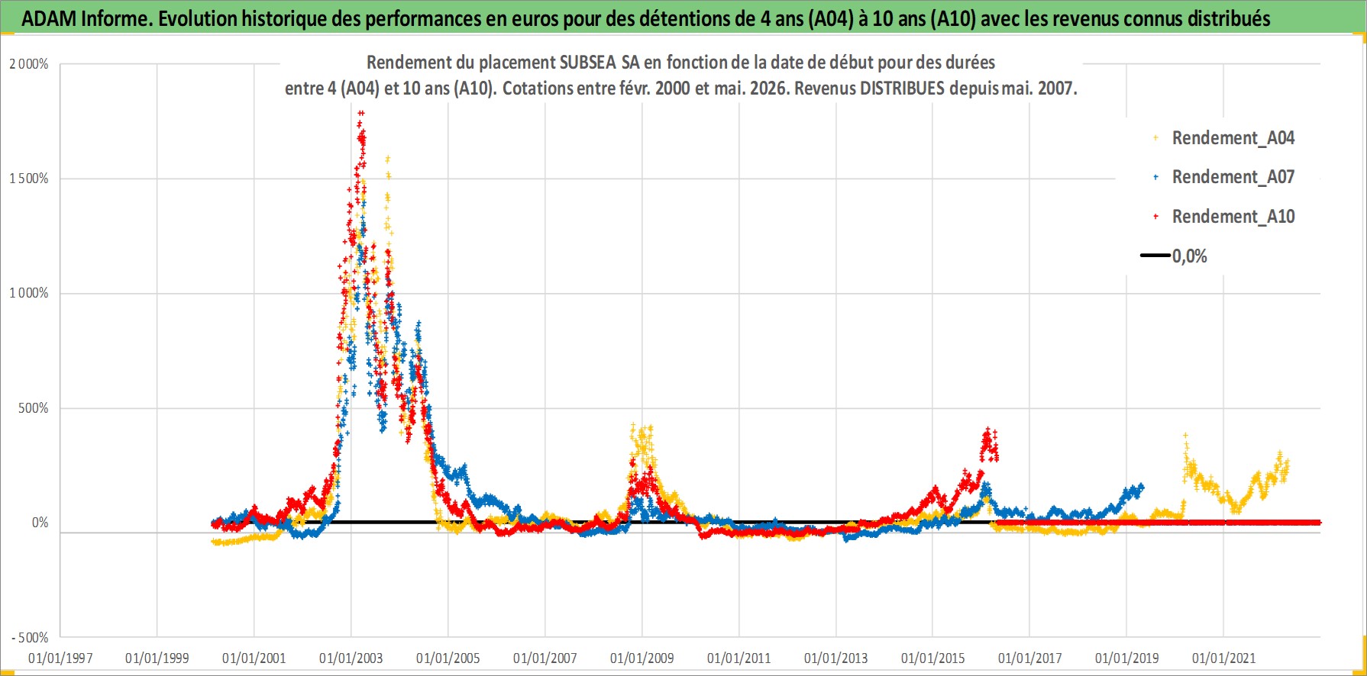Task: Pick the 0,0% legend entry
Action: click(x=1175, y=256)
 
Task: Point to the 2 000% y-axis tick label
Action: click(x=29, y=64)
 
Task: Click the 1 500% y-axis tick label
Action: click(x=29, y=179)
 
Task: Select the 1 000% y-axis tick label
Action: click(x=29, y=293)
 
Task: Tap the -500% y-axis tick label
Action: click(x=30, y=637)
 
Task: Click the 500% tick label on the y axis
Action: click(x=34, y=408)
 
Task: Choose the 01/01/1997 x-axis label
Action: click(x=60, y=658)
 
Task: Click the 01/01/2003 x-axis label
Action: click(x=351, y=658)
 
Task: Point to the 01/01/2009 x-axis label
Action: click(x=642, y=658)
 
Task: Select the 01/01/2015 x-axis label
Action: click(x=933, y=658)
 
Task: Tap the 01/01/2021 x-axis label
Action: click(x=1224, y=658)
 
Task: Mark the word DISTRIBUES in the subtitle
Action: click(x=903, y=89)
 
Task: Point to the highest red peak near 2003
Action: click(x=360, y=113)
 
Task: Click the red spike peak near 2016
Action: click(x=987, y=430)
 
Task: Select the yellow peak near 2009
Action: click(x=633, y=425)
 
